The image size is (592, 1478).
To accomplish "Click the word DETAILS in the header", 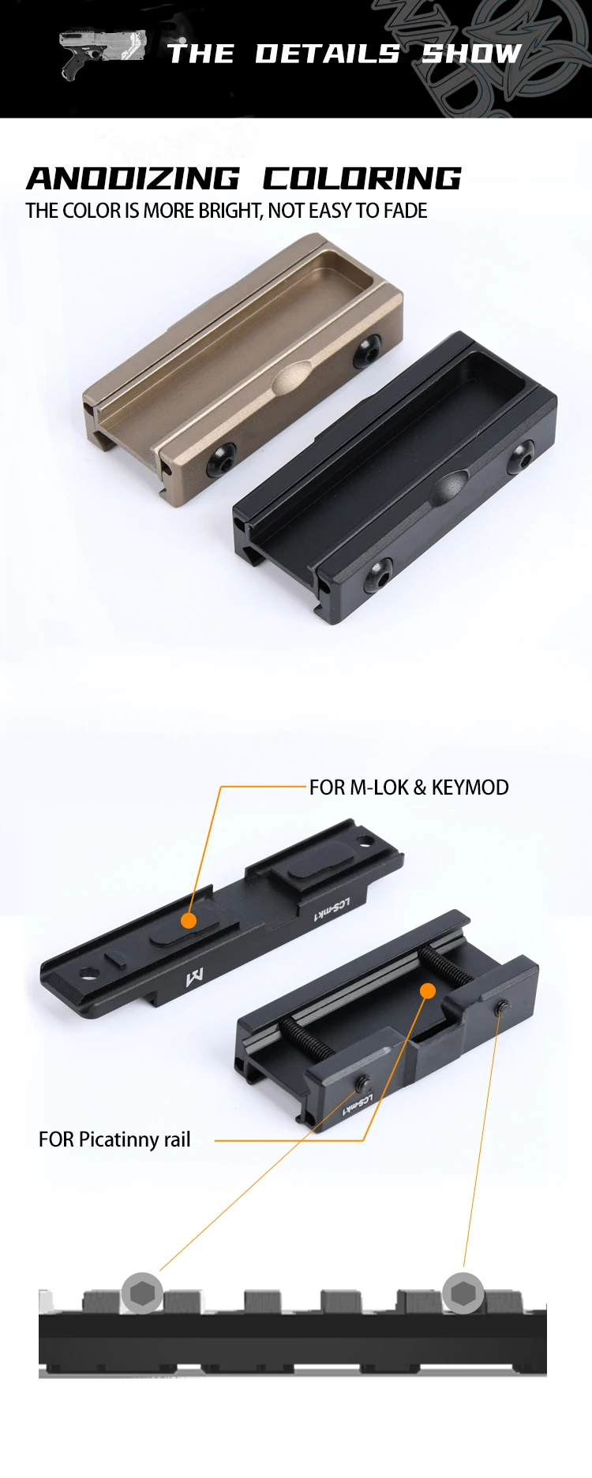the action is [x=328, y=54].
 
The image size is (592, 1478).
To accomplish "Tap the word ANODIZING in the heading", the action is [x=133, y=178].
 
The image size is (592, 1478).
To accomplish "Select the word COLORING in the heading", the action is [x=362, y=178].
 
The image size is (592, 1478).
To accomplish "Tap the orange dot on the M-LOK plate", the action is [x=189, y=920].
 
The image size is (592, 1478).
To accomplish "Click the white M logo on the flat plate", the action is [x=194, y=978].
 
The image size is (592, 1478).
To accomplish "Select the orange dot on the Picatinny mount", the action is [x=427, y=990].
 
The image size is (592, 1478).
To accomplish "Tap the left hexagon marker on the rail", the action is [x=142, y=1293].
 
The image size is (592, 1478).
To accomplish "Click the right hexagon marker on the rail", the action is [x=463, y=1293].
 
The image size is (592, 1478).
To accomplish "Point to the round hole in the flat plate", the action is [x=86, y=972].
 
